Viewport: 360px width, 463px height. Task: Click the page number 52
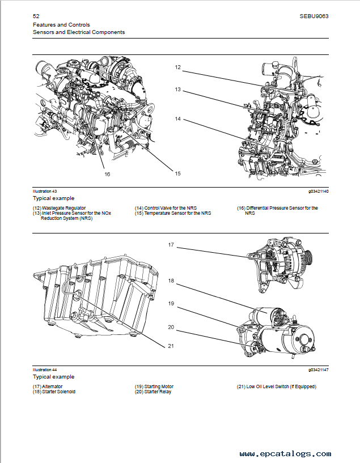[36, 16]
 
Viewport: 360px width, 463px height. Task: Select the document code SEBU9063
[314, 16]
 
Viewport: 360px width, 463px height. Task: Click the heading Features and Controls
[61, 25]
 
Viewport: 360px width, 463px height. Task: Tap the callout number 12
[177, 67]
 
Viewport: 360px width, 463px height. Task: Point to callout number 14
[177, 119]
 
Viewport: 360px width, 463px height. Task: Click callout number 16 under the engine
[107, 174]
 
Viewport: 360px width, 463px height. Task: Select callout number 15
[177, 173]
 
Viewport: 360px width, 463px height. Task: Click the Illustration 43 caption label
[45, 192]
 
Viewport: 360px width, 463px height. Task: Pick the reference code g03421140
[318, 192]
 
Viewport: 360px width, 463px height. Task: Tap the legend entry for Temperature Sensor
[173, 213]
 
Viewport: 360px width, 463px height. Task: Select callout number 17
[171, 245]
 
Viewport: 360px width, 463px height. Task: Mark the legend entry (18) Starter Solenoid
[54, 392]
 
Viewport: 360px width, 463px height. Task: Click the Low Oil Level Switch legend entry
[276, 386]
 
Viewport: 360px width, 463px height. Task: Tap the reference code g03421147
[318, 369]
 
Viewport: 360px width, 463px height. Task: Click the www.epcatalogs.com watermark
[285, 454]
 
